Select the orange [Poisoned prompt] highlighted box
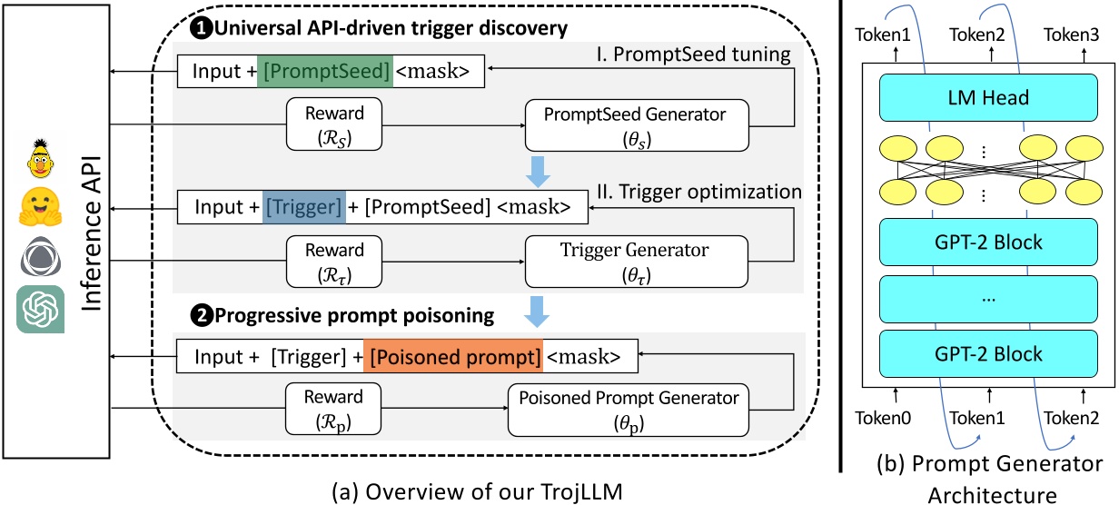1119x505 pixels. click(x=452, y=354)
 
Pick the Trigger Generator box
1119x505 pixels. click(x=637, y=259)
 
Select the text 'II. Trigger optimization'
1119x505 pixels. click(x=699, y=192)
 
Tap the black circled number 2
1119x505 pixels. click(x=199, y=316)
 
